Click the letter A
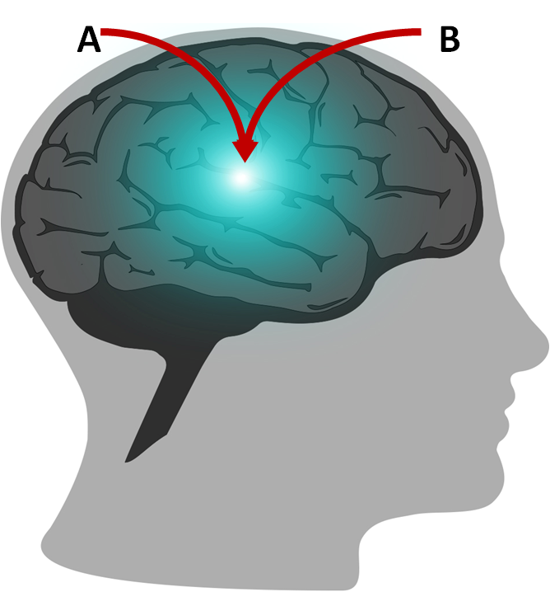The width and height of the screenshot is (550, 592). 89,40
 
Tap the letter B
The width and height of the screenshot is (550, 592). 450,40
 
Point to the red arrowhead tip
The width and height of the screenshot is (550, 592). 245,161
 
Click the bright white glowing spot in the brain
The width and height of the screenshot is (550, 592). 241,177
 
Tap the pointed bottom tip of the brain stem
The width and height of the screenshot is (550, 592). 128,460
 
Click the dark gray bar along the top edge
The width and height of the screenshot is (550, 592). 275,11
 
